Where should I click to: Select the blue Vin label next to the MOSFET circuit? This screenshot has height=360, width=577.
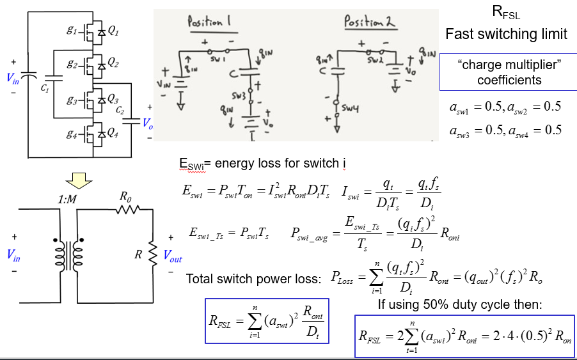[13, 79]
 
